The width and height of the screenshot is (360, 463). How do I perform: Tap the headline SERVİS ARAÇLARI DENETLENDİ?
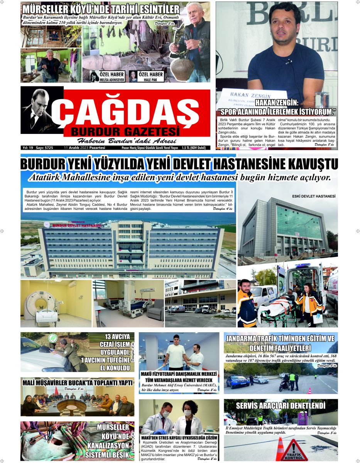tap(281, 406)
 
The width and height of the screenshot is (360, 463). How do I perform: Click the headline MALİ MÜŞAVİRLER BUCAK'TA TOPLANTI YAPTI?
tap(77, 383)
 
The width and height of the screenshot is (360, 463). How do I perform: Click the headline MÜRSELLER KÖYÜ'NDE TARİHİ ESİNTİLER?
tap(100, 10)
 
